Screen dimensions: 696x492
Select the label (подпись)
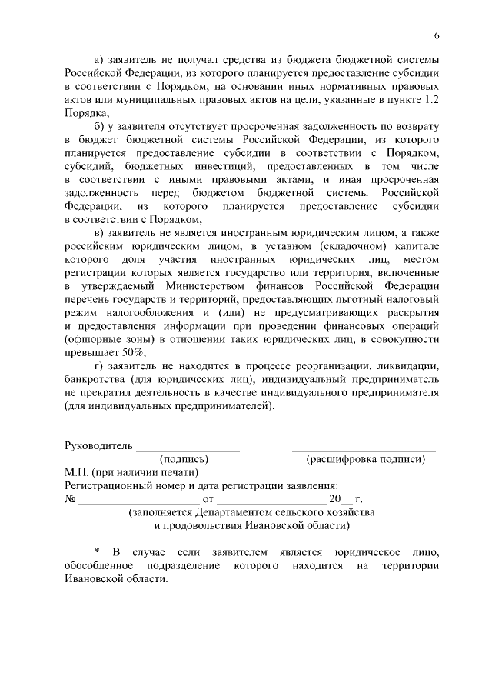coord(184,459)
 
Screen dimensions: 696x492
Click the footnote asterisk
coord(98,551)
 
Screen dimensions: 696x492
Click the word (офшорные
coord(96,338)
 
